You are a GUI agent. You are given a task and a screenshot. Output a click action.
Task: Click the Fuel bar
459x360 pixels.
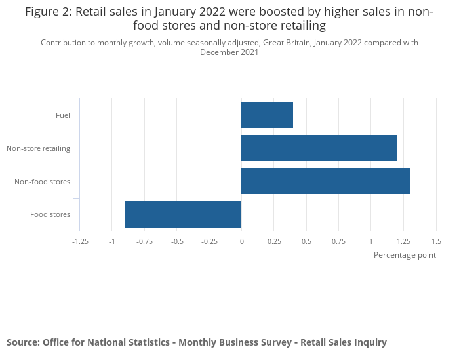click(267, 115)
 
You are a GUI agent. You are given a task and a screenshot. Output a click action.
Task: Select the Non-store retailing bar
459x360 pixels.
click(319, 148)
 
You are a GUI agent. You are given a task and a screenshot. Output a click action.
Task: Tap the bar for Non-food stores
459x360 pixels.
click(325, 181)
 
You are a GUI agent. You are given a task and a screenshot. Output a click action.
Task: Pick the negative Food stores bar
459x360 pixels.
click(183, 214)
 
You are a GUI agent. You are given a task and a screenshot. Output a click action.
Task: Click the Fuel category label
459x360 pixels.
click(63, 115)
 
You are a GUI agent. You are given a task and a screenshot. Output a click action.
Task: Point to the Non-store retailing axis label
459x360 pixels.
click(39, 148)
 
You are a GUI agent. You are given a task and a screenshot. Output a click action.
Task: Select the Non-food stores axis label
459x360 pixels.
click(43, 182)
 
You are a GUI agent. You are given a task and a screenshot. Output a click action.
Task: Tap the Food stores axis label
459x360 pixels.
click(50, 214)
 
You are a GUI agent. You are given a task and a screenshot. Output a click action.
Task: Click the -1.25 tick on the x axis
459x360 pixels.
click(80, 241)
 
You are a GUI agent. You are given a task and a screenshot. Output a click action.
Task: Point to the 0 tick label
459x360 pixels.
click(241, 241)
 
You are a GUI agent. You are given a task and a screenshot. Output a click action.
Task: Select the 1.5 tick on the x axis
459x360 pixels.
click(435, 241)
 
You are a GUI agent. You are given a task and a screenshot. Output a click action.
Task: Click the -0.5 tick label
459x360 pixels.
click(177, 241)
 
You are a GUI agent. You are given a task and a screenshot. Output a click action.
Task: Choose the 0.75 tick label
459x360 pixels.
click(338, 241)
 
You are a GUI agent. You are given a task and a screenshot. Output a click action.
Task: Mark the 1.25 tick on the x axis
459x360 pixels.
click(403, 241)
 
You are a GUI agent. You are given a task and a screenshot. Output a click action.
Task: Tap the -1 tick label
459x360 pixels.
click(112, 241)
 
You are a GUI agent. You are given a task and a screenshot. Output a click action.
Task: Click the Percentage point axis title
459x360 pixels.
click(405, 255)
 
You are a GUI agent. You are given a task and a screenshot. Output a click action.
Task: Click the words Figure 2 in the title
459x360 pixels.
click(49, 12)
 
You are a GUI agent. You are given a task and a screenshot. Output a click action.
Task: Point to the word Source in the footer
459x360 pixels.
click(22, 342)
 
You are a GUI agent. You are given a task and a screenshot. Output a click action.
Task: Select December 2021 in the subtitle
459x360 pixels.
click(229, 52)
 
